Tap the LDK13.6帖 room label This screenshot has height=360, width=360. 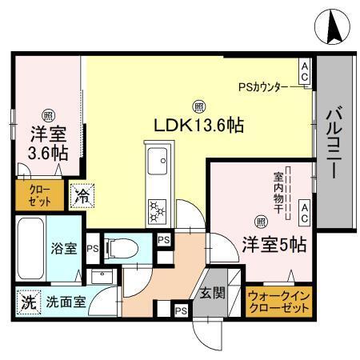point(198,126)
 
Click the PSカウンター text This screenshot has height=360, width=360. point(267,86)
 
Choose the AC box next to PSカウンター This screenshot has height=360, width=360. point(305,72)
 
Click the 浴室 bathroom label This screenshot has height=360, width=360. point(64,249)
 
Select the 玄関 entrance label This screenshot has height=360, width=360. point(212,292)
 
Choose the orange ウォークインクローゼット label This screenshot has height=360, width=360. point(278,302)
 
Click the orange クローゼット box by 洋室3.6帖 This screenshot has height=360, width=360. point(31,196)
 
